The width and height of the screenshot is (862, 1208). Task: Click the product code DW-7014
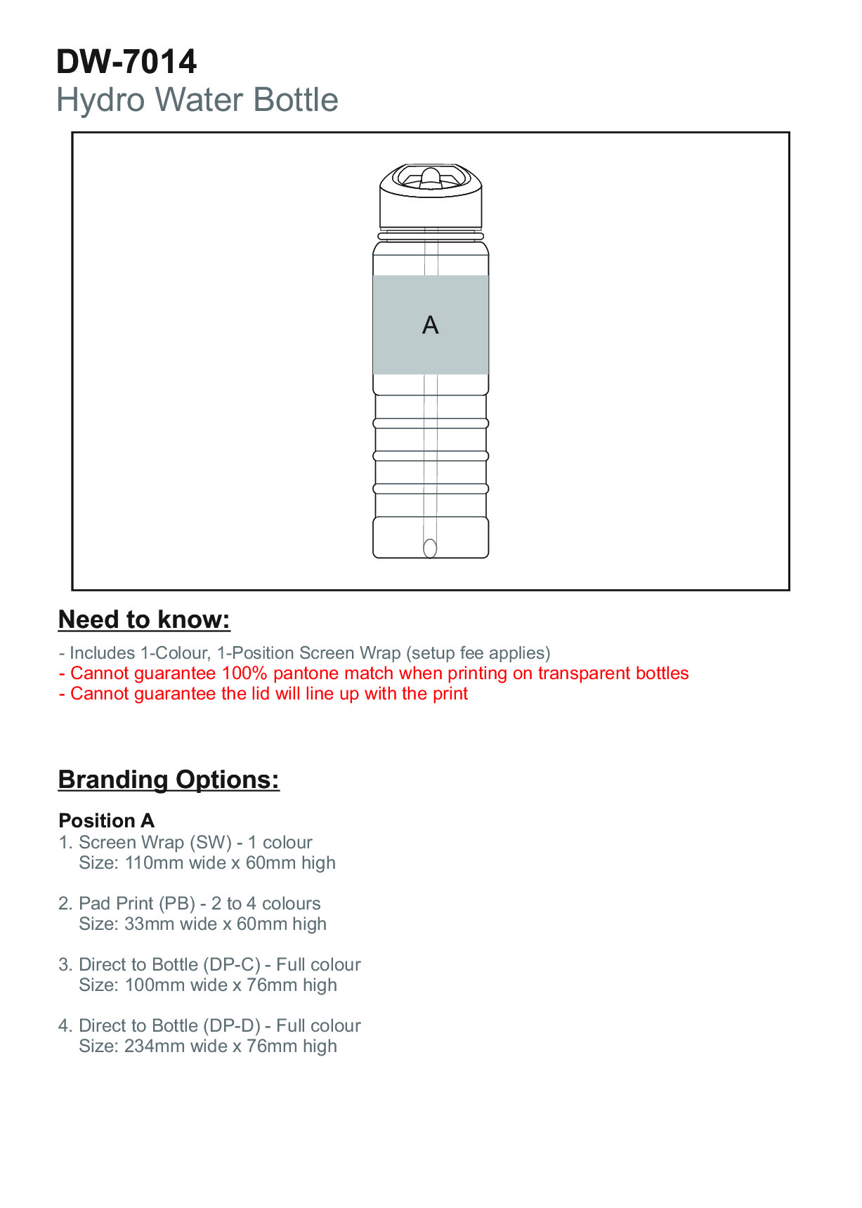pyautogui.click(x=126, y=62)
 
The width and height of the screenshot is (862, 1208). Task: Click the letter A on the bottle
pyautogui.click(x=431, y=325)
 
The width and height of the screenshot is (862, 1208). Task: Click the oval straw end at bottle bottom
pyautogui.click(x=430, y=548)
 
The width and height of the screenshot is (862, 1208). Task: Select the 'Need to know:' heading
pyautogui.click(x=144, y=619)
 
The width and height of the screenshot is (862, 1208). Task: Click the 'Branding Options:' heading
pyautogui.click(x=169, y=780)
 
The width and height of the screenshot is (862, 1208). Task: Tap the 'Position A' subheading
pyautogui.click(x=107, y=820)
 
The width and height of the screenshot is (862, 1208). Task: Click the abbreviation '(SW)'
pyautogui.click(x=211, y=843)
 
